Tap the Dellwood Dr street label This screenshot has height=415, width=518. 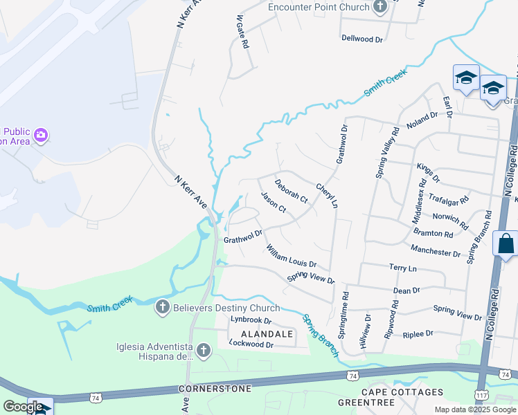coord(362,39)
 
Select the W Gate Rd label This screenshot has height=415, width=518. coord(241,31)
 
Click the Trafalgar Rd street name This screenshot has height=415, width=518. coord(448,198)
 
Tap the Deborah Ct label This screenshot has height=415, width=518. coord(291,191)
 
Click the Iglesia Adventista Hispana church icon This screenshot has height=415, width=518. coord(204,351)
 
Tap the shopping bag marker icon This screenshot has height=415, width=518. coord(506,244)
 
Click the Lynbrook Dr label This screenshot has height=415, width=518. coord(251,321)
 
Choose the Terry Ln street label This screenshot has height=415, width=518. coord(403,268)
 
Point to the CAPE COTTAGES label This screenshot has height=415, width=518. coord(405,391)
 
